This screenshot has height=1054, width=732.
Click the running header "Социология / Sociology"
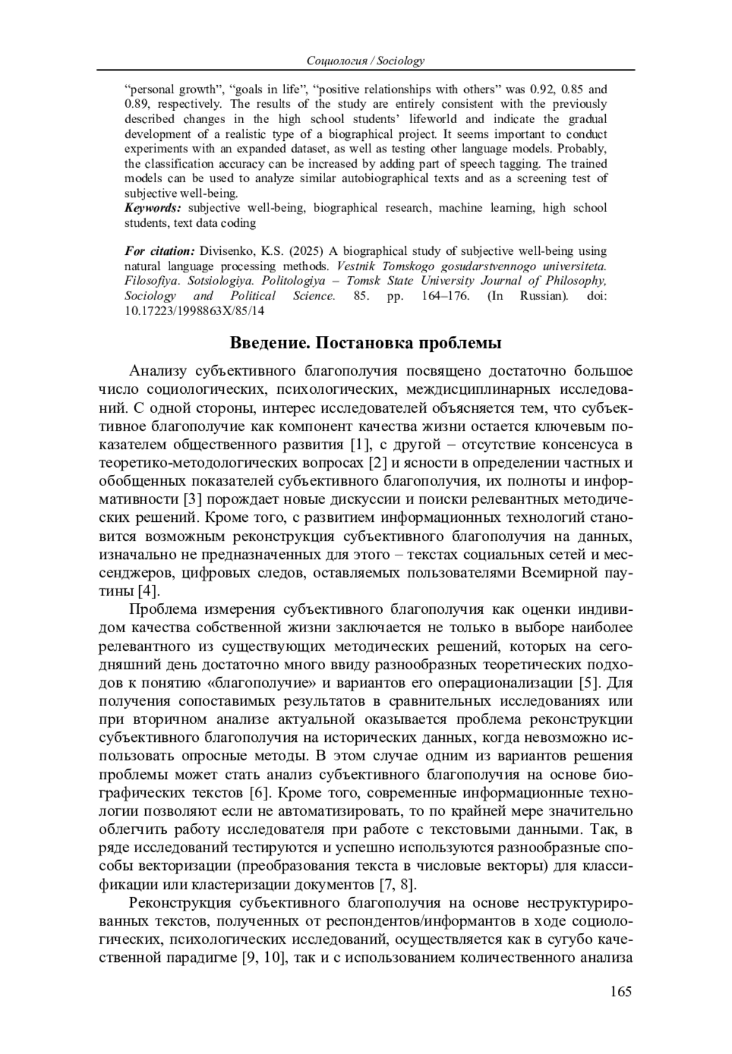tap(365, 60)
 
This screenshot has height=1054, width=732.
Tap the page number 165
tap(620, 991)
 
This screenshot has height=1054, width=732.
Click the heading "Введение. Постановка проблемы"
tap(365, 343)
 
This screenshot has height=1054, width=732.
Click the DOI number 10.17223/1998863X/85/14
tap(195, 310)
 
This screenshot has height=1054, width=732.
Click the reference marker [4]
tap(148, 591)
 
